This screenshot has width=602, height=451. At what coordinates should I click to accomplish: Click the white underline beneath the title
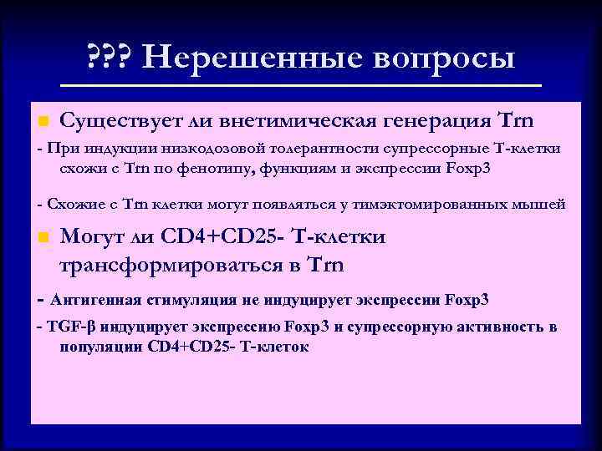point(302,85)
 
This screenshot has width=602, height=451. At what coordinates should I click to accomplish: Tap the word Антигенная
point(88,298)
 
